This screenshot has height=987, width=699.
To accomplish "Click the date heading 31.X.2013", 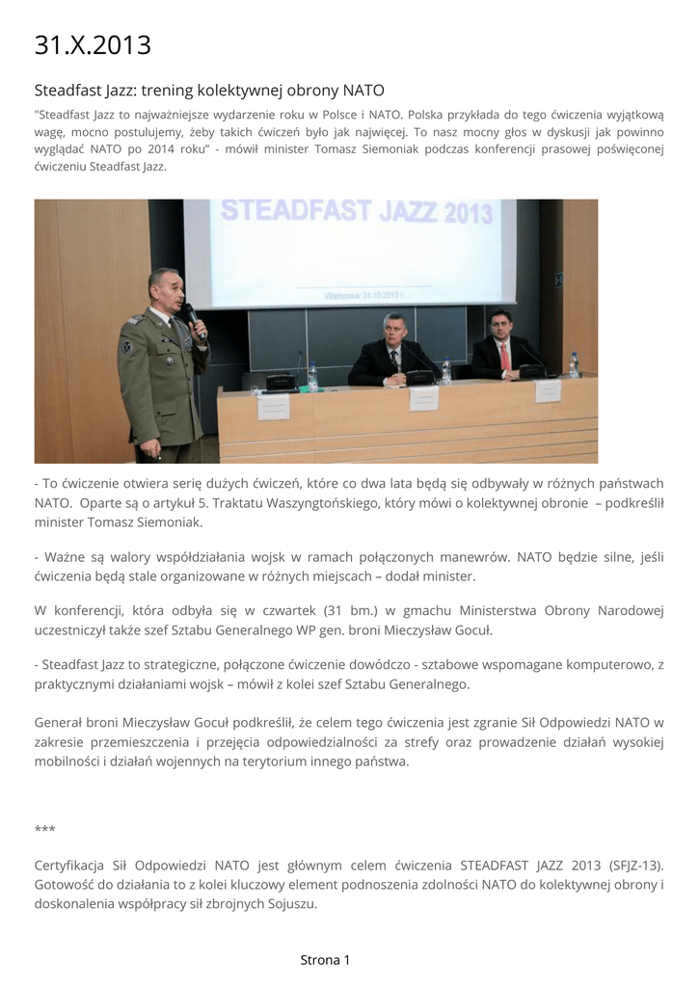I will (x=93, y=44).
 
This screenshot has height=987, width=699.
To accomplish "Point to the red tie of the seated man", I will (x=504, y=358).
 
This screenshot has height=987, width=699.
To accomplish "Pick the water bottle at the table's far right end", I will (x=574, y=364).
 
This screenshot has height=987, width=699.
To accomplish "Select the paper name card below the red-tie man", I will (x=548, y=389).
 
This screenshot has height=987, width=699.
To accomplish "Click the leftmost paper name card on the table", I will (x=273, y=406).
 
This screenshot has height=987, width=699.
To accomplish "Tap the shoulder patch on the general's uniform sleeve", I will (x=126, y=346).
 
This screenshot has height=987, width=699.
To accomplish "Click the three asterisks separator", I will (x=44, y=828).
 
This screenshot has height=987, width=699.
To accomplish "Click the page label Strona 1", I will (x=325, y=959).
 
